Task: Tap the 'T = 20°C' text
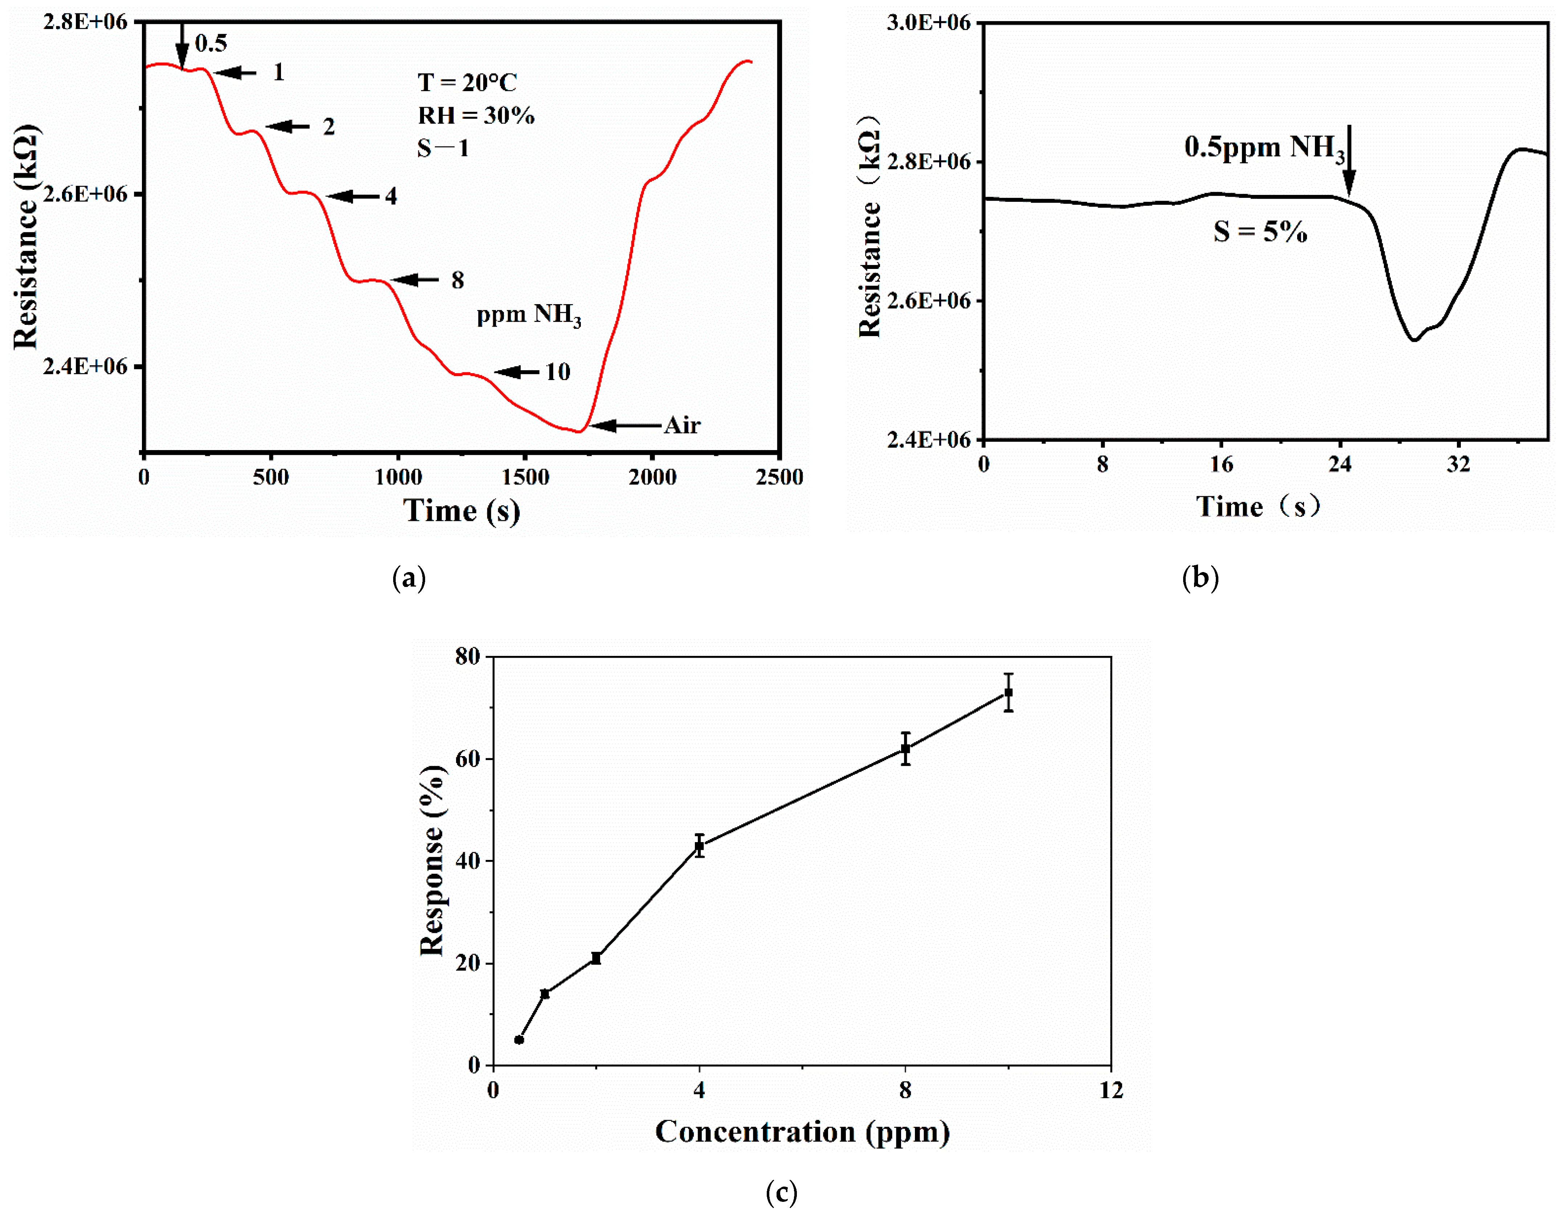pos(467,83)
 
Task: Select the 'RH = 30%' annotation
pos(476,115)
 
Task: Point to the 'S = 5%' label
pos(1260,232)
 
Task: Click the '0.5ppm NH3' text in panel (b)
pos(1264,147)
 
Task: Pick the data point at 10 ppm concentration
pos(1008,693)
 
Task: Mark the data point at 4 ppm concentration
pos(700,846)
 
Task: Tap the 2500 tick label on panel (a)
pos(779,477)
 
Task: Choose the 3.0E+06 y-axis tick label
pos(928,23)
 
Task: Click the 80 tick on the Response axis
pos(468,656)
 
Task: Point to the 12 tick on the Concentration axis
pos(1111,1090)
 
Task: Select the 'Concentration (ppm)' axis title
pos(802,1131)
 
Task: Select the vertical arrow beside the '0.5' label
pos(182,46)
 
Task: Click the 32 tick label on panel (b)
pos(1458,465)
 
